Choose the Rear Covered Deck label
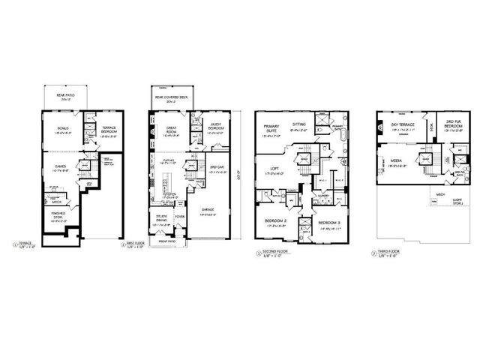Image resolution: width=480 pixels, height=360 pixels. (x=170, y=97)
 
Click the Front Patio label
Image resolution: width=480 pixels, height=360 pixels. (x=166, y=241)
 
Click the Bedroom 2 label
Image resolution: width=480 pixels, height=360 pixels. (x=271, y=220)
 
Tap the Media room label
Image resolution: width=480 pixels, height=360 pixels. (x=397, y=160)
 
